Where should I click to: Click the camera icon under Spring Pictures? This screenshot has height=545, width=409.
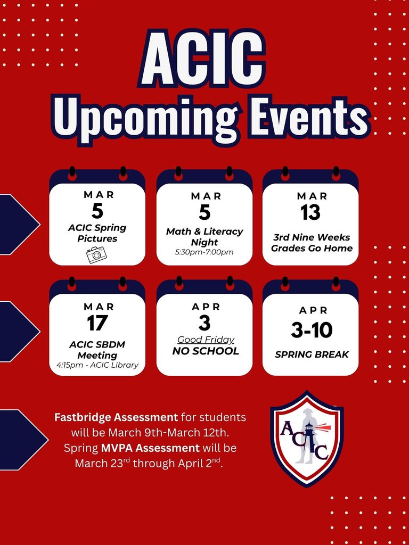(96, 254)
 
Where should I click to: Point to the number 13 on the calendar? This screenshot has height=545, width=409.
(310, 212)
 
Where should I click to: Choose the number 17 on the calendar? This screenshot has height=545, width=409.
(97, 323)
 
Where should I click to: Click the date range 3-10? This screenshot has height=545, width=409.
(311, 330)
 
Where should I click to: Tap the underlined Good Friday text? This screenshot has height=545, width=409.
(206, 340)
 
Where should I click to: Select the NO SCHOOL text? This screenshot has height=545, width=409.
(206, 351)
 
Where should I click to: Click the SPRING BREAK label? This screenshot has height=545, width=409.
(312, 354)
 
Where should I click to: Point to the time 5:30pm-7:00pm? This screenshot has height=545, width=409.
(204, 252)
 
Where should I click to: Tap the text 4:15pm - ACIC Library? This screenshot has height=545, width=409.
(97, 365)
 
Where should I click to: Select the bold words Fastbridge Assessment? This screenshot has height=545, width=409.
(116, 417)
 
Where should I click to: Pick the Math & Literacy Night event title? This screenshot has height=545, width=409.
(204, 237)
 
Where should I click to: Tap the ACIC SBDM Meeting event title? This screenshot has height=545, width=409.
(97, 350)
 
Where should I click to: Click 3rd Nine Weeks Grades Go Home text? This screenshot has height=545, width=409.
(312, 243)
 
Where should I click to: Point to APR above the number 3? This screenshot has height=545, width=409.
(205, 307)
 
